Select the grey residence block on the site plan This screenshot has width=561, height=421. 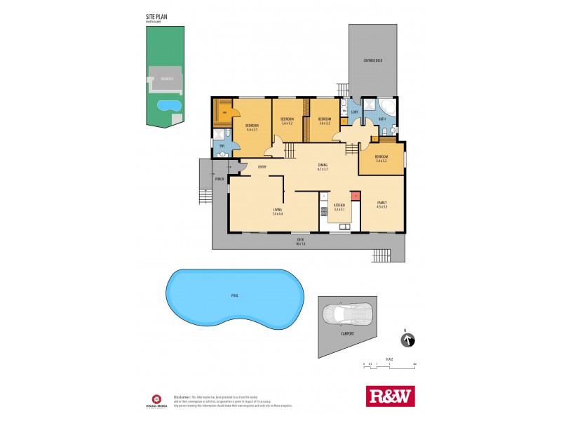point(166,80)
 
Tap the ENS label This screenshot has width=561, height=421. point(222,146)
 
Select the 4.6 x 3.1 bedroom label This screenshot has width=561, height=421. point(252,128)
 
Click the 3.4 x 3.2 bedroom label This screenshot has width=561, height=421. point(381,158)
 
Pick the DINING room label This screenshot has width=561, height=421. point(323,167)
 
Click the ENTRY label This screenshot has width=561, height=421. point(262,166)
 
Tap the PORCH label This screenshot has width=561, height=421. point(219,179)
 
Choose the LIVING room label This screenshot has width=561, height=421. point(278,211)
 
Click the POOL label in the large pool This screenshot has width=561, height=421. point(234,295)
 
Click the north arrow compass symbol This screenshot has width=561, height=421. point(406,340)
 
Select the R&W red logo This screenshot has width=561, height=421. point(391,396)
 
